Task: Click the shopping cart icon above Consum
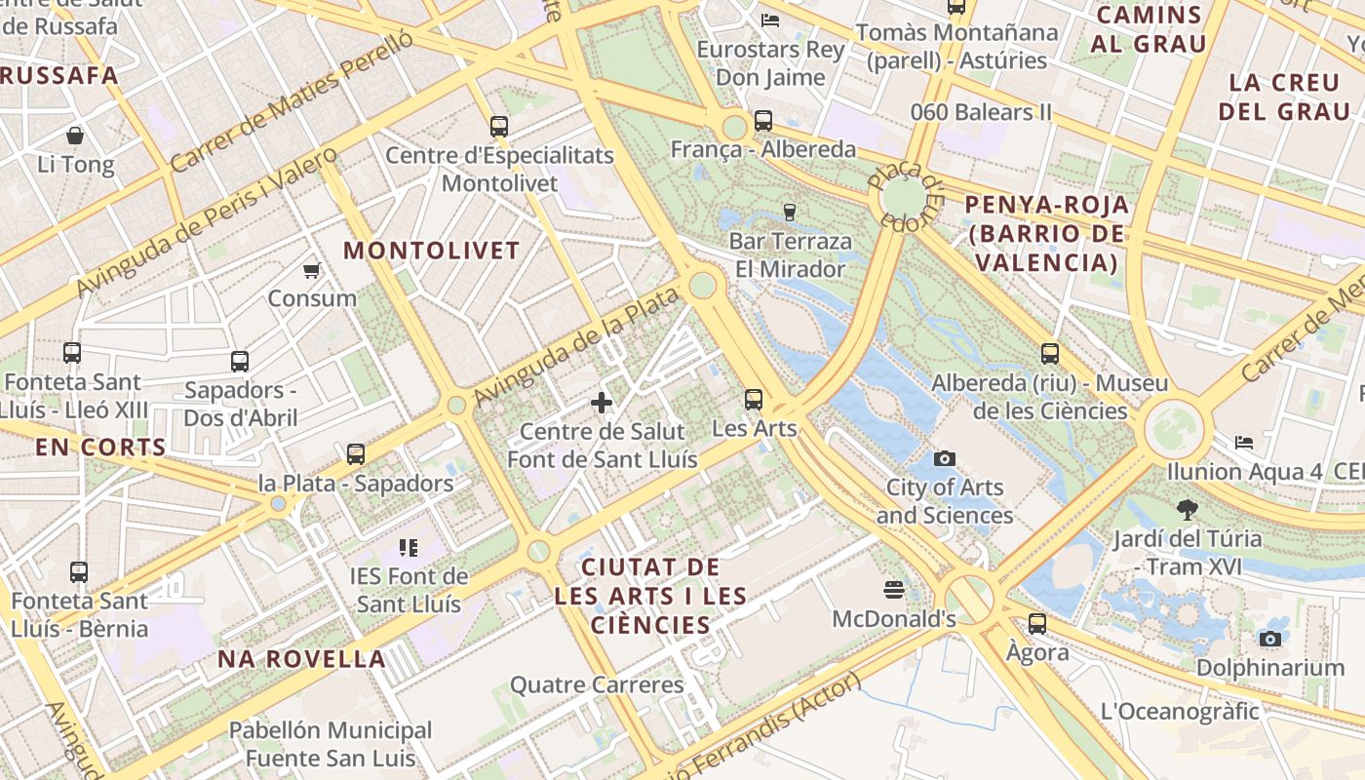(311, 270)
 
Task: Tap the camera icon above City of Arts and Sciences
(944, 458)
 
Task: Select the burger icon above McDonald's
(893, 589)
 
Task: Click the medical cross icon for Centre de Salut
(602, 402)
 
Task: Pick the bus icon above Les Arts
(754, 399)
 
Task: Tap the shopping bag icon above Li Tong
(75, 135)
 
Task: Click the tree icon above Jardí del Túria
(1187, 509)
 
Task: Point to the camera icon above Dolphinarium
(1269, 639)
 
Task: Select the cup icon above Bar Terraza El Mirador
(790, 211)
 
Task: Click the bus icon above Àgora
(1037, 623)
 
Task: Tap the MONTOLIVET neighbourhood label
(432, 251)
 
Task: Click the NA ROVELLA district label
(301, 659)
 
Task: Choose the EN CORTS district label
(100, 448)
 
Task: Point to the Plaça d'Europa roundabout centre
(903, 197)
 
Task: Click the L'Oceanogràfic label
(1180, 712)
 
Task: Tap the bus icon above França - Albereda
(762, 121)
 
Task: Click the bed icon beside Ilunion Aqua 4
(1243, 443)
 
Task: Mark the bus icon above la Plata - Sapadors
(356, 453)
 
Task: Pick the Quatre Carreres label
(597, 685)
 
